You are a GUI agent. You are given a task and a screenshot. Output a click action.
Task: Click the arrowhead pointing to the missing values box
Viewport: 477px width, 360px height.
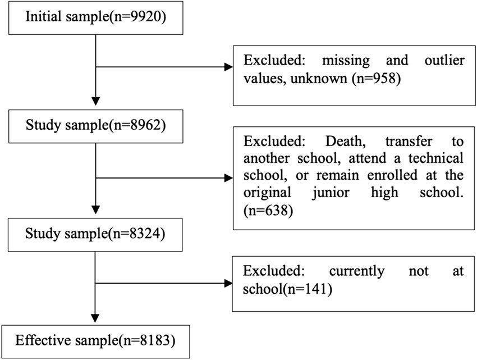pos(228,67)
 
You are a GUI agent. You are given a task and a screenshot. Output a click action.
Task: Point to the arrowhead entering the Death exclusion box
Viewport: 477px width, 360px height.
pos(228,178)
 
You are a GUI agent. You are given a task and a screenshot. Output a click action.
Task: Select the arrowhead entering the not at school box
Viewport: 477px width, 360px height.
pos(228,283)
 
